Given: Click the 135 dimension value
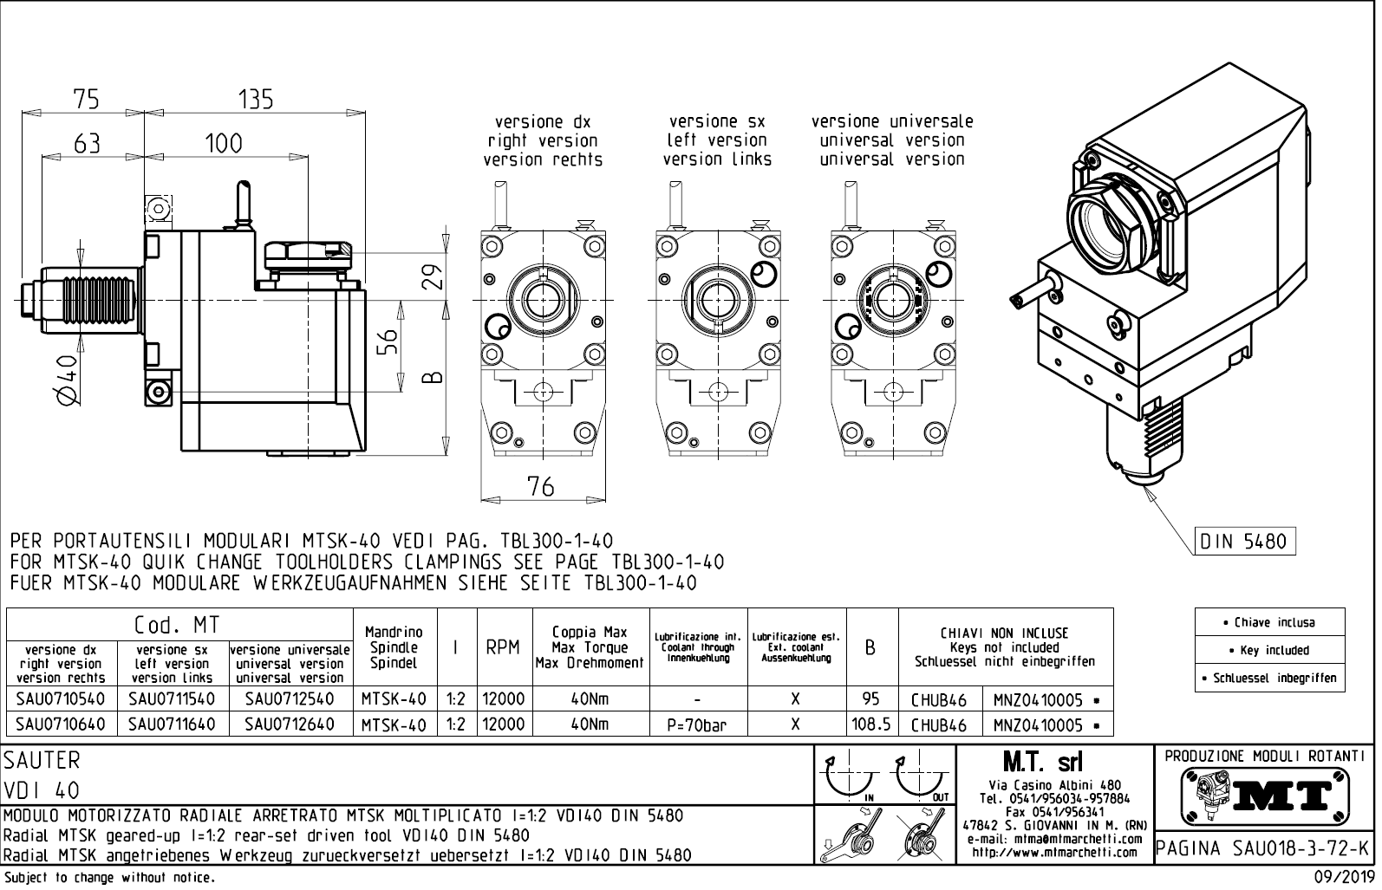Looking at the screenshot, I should (256, 100).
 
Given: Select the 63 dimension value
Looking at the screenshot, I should (87, 144).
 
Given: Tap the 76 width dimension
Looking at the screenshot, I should (540, 487).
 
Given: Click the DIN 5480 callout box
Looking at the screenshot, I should (1244, 542).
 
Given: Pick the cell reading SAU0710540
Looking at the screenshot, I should (60, 698).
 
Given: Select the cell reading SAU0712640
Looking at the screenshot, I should (290, 724).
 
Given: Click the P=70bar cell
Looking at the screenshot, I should (697, 724).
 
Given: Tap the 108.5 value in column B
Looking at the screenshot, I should (871, 724).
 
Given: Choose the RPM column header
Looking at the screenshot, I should (503, 647).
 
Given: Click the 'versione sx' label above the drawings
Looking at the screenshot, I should (717, 122).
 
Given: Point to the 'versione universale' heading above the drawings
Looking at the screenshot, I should (892, 122).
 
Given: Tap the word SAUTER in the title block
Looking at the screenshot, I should (42, 761).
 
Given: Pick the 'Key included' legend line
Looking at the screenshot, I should (1270, 651).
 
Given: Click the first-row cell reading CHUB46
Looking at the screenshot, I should (939, 700).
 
